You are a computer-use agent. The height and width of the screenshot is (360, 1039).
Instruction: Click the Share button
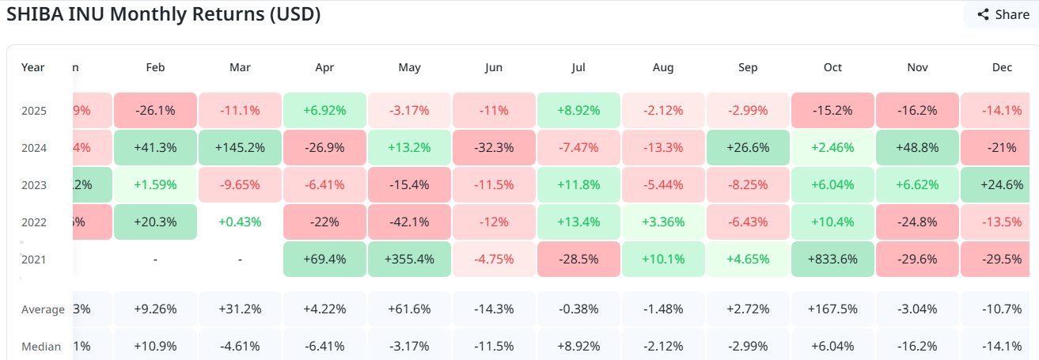click(x=1003, y=14)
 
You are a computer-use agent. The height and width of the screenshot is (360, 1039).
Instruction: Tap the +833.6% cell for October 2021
click(x=832, y=259)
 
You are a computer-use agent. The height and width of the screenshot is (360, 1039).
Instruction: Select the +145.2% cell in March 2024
click(x=240, y=147)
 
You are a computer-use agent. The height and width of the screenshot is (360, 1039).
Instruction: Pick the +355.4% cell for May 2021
click(x=409, y=259)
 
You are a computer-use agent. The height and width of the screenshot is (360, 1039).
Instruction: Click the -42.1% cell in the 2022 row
click(x=409, y=222)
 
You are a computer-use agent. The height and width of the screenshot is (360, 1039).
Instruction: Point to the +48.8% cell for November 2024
click(x=917, y=147)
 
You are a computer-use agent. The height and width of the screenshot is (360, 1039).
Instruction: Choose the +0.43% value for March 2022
click(x=240, y=222)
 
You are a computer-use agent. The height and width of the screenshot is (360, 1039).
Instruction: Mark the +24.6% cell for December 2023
click(x=1000, y=184)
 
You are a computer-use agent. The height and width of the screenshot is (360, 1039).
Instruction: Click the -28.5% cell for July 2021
click(x=578, y=259)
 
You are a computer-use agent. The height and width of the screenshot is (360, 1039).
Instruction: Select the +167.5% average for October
click(x=832, y=309)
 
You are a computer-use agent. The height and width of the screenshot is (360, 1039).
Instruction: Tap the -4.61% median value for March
click(x=240, y=347)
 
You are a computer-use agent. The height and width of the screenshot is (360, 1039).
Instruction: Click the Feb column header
click(x=155, y=67)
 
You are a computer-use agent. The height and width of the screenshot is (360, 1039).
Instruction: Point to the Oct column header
click(x=832, y=67)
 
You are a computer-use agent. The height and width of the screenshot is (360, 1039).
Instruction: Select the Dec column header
click(x=1002, y=67)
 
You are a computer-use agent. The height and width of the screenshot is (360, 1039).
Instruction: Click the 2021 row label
click(x=34, y=259)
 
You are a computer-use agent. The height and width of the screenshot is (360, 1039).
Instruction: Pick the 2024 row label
click(x=34, y=147)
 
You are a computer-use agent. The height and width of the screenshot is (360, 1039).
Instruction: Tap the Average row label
click(x=43, y=309)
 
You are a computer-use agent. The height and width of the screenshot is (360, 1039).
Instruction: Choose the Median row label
click(x=41, y=347)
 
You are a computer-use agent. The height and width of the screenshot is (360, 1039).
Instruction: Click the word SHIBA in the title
click(x=33, y=14)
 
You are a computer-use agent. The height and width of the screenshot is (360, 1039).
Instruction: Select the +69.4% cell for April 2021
click(x=324, y=259)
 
